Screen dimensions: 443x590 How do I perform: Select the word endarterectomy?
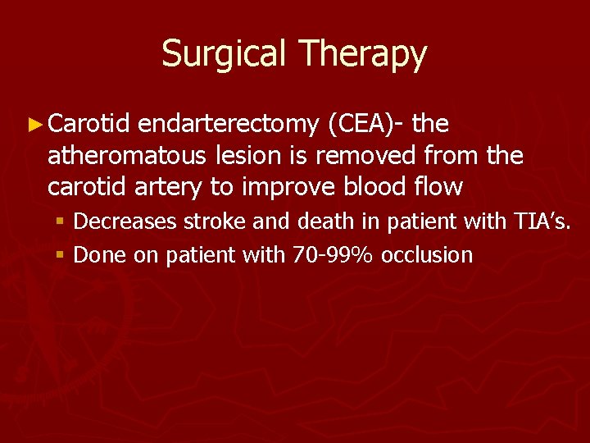tap(228, 125)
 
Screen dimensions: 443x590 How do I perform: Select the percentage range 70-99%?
tap(332, 255)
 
